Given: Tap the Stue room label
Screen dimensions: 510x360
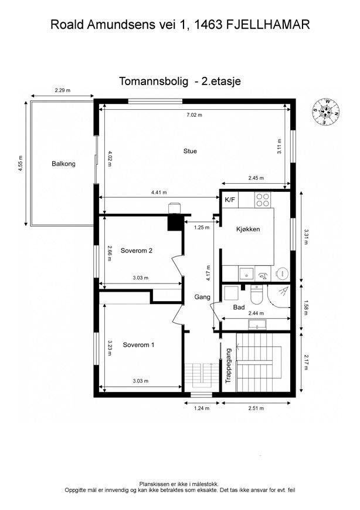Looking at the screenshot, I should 190,151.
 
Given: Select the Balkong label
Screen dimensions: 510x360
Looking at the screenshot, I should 63,164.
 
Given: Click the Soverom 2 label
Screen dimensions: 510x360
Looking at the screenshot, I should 137,251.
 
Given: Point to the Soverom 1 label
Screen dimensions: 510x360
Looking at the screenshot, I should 138,344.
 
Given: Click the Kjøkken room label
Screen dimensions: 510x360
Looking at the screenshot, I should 248,229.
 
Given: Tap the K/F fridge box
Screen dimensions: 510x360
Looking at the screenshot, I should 230,200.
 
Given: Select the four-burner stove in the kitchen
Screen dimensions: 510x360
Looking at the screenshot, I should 263,200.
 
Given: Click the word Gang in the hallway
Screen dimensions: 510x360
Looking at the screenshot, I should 202,297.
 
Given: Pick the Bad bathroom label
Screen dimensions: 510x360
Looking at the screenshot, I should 239,307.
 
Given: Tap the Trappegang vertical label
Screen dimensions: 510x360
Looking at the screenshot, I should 229,365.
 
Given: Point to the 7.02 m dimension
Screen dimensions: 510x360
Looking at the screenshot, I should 194,115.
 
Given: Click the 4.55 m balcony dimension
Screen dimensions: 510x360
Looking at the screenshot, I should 21,163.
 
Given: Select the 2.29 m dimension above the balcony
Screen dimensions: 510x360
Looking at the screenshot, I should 62,90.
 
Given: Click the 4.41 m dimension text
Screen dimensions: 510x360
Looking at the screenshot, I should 159,192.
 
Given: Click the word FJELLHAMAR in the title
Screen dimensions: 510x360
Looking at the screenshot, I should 267,25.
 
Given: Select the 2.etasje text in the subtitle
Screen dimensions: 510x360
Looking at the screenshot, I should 221,82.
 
